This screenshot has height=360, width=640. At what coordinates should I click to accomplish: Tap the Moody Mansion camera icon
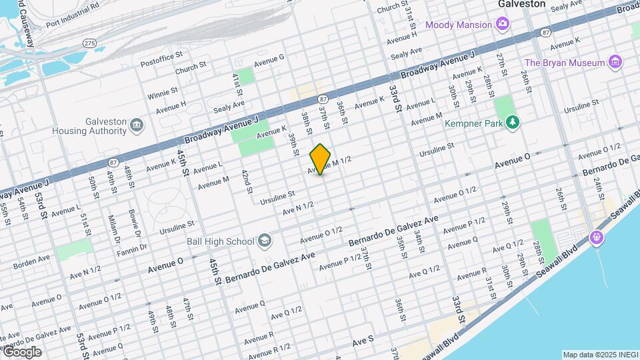pyautogui.click(x=503, y=25)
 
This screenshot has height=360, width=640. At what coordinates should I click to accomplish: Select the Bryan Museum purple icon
pyautogui.click(x=615, y=63)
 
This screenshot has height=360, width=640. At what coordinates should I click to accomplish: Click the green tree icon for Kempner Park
pyautogui.click(x=512, y=121)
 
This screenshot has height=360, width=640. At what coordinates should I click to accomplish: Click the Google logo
pyautogui.click(x=22, y=351)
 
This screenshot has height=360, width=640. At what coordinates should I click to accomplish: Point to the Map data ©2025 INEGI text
pyautogui.click(x=599, y=355)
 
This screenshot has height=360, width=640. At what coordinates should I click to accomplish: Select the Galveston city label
pyautogui.click(x=522, y=4)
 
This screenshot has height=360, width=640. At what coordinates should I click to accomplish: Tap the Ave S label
pyautogui.click(x=363, y=341)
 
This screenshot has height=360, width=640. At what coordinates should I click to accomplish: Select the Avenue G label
pyautogui.click(x=269, y=57)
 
